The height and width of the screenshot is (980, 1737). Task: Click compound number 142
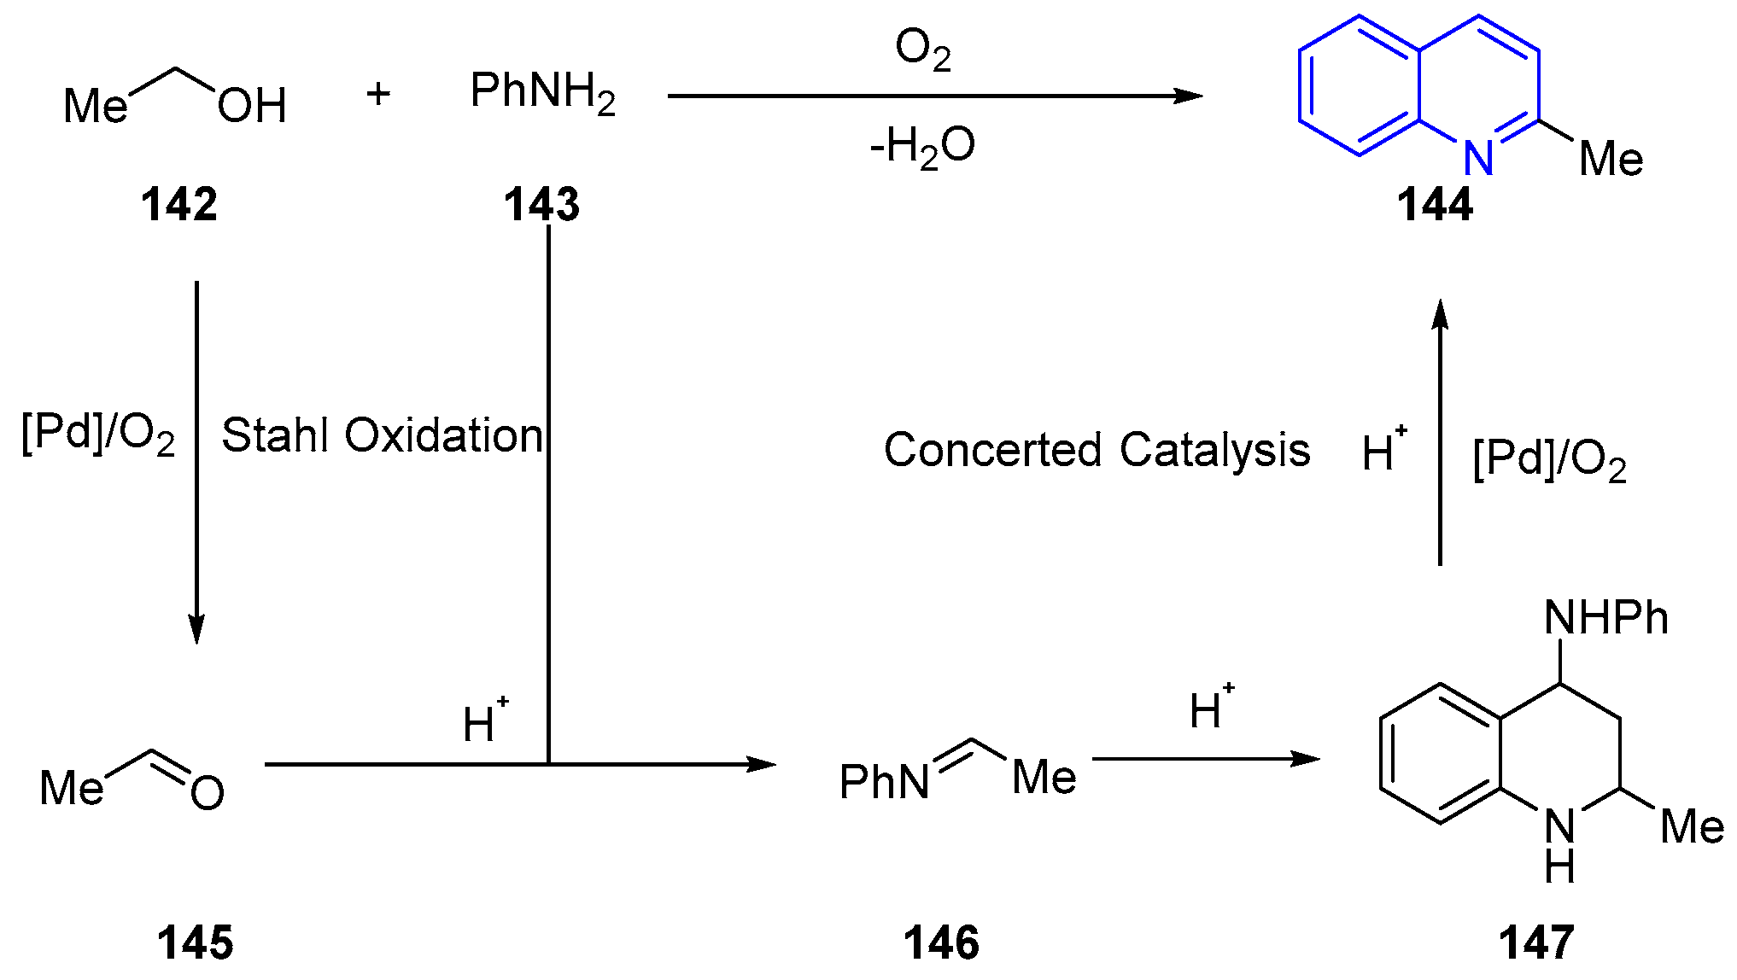(179, 205)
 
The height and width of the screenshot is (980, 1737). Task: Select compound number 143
(541, 205)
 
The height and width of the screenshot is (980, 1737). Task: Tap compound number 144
(1435, 205)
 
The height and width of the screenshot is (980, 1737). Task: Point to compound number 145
(195, 943)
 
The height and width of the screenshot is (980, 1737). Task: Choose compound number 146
(941, 943)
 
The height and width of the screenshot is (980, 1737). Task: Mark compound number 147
(1536, 943)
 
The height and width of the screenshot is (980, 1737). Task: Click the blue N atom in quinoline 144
(1478, 157)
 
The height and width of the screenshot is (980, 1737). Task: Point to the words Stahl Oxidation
(382, 435)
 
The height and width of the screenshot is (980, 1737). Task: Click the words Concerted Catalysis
(1097, 450)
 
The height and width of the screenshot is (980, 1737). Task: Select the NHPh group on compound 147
(1605, 618)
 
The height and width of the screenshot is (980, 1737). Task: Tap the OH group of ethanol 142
(252, 107)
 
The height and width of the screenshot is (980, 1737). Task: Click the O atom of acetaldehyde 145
(208, 793)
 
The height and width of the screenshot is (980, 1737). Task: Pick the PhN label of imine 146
(885, 781)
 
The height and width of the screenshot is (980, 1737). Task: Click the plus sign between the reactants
(378, 94)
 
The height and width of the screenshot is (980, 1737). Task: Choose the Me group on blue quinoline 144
(1611, 160)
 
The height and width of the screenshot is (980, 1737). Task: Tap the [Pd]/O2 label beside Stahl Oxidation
(98, 435)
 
